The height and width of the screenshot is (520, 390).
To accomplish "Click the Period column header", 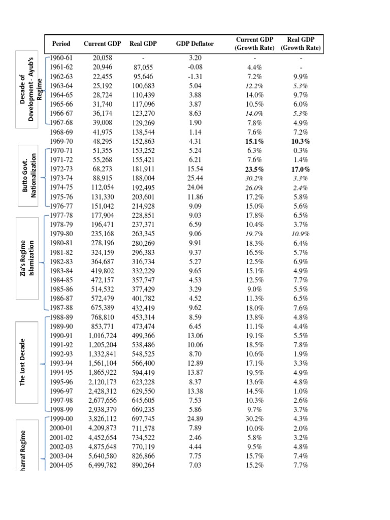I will click(x=61, y=44).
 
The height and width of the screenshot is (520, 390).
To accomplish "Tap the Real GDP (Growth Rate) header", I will click(x=303, y=44).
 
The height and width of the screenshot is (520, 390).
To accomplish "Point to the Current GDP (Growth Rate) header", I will click(x=254, y=44).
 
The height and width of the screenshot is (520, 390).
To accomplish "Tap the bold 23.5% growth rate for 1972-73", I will click(x=254, y=170).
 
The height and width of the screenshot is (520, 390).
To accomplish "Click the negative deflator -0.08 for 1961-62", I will click(x=192, y=67).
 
